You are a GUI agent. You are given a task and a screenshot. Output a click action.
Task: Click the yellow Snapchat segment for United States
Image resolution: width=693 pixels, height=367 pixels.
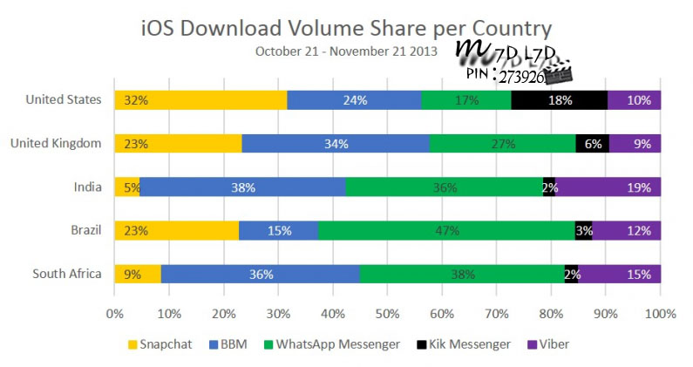pyautogui.click(x=200, y=99)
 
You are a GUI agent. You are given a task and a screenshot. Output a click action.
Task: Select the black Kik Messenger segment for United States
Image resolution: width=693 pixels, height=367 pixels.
pyautogui.click(x=559, y=99)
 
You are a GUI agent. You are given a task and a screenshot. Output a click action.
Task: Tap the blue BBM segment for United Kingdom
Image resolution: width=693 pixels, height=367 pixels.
pyautogui.click(x=336, y=143)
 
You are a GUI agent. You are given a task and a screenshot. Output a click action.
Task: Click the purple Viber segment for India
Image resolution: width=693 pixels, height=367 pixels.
pyautogui.click(x=608, y=187)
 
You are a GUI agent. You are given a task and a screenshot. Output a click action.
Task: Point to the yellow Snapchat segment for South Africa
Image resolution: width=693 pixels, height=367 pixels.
pyautogui.click(x=138, y=274)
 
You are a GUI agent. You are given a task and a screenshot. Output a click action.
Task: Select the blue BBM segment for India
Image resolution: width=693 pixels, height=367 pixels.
pyautogui.click(x=242, y=187)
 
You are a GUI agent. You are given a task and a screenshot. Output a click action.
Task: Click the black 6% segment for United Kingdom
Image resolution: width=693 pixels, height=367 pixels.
pyautogui.click(x=592, y=143)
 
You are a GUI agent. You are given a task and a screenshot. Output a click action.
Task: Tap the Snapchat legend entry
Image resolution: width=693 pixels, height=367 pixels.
pyautogui.click(x=161, y=343)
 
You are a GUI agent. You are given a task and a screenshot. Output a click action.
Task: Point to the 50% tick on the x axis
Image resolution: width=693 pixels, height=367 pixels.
pyautogui.click(x=387, y=312)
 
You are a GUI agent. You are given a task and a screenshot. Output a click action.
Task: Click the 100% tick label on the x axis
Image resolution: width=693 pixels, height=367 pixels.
pyautogui.click(x=660, y=312)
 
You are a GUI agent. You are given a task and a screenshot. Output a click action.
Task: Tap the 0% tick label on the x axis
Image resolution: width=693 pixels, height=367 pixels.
pyautogui.click(x=114, y=312)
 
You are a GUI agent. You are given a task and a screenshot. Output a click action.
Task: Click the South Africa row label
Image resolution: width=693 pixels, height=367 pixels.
pyautogui.click(x=67, y=274)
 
